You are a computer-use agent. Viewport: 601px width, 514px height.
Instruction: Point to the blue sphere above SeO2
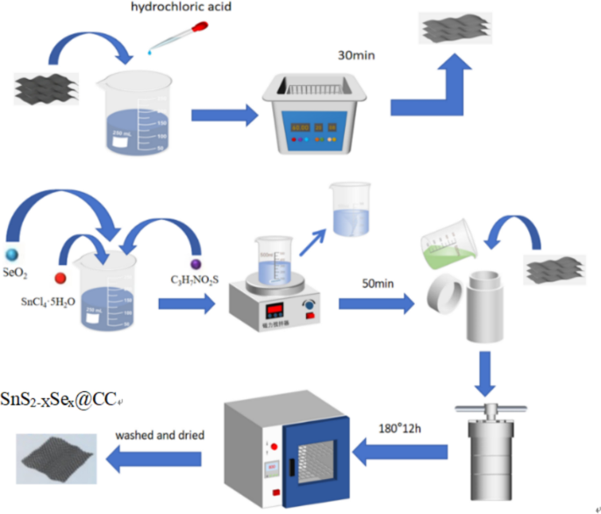12,232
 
